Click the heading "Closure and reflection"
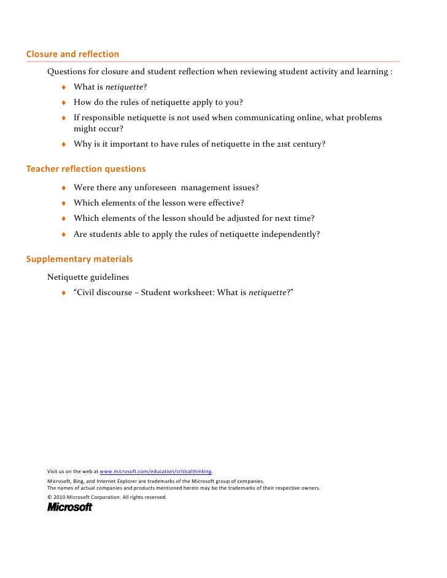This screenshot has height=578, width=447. point(72,55)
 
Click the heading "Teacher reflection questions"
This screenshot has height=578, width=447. point(86,169)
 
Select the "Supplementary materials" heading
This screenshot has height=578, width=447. point(79,259)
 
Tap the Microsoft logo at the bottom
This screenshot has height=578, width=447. point(69,507)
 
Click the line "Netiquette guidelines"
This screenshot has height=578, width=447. point(88,277)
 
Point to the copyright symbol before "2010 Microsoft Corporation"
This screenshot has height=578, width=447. point(49,497)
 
